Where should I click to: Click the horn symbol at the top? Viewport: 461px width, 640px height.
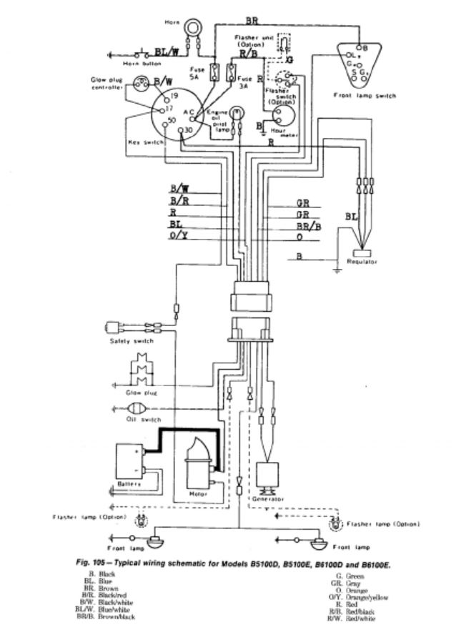[x=192, y=28]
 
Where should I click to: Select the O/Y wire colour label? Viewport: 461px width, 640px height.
[x=179, y=236]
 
